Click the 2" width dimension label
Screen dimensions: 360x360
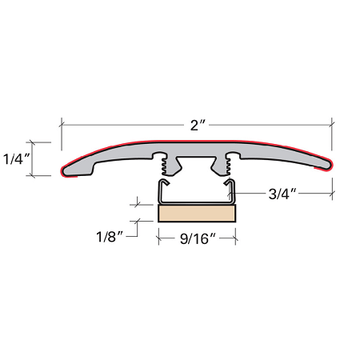[x=197, y=126]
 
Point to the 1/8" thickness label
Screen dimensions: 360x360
[x=108, y=237]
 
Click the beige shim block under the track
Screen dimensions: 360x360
[x=197, y=213]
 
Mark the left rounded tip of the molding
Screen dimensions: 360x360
[x=64, y=170]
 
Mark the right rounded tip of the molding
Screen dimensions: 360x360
[x=329, y=165]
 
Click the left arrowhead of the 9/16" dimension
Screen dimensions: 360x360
[x=160, y=237]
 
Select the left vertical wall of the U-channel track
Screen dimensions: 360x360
[x=160, y=192]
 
